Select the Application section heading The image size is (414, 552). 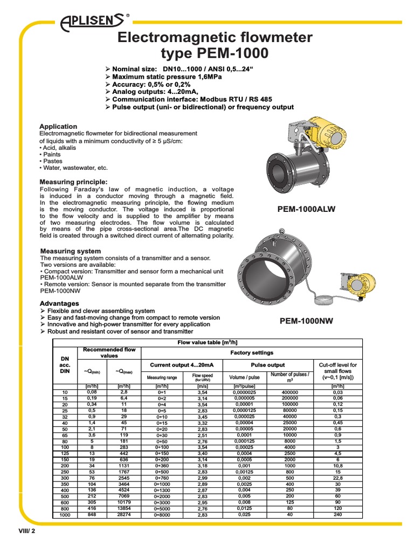click(x=59, y=127)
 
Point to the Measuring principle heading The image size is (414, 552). click(x=74, y=182)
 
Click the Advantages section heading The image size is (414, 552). click(x=60, y=303)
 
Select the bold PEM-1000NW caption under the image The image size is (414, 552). click(x=306, y=321)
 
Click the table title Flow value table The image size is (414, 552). click(x=208, y=342)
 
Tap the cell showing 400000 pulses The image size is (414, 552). click(x=289, y=392)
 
